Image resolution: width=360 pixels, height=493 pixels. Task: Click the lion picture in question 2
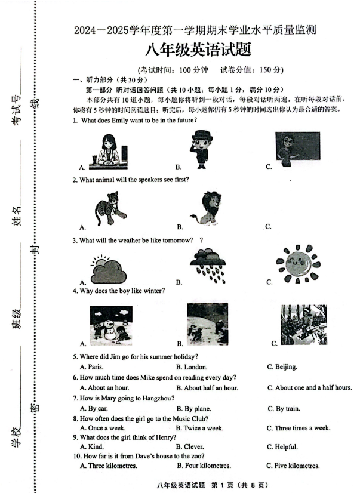point(207,208)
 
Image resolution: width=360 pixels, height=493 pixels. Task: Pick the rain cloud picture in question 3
point(208,265)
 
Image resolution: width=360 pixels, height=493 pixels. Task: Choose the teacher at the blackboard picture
point(297,150)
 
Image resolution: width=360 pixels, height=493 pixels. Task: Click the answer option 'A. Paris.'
point(91,367)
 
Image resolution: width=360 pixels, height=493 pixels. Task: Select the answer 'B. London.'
point(192,367)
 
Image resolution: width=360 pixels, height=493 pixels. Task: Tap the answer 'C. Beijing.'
point(282,367)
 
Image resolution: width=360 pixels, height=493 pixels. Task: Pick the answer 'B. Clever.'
point(191,447)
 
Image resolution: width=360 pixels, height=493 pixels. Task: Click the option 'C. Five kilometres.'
point(293,466)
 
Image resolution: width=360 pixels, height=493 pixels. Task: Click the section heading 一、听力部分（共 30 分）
point(109,80)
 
